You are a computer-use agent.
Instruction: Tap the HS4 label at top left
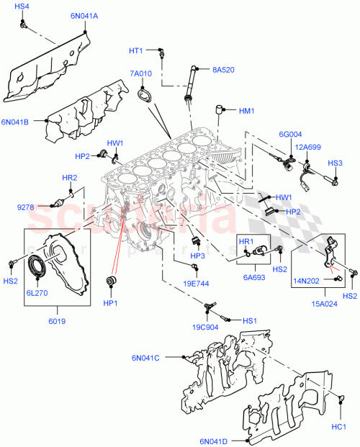tap(22, 6)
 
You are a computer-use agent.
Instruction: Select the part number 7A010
tap(141, 73)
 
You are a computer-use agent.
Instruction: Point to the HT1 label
tap(136, 50)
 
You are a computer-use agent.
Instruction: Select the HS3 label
tap(336, 163)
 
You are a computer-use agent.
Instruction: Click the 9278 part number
tap(27, 208)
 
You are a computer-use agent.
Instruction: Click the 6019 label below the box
tap(57, 320)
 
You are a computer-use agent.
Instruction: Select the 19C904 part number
tap(205, 326)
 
